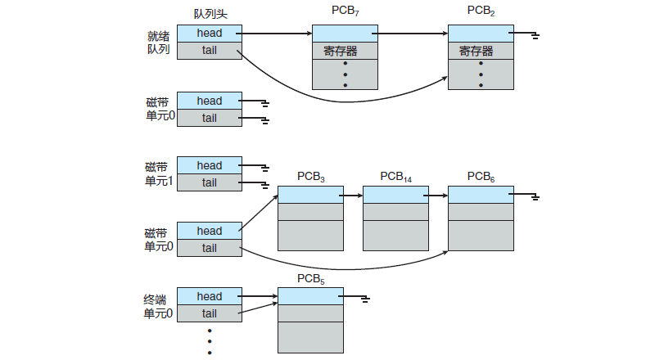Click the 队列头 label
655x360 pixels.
tap(210, 14)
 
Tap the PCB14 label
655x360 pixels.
tap(396, 177)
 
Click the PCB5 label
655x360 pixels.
tap(311, 278)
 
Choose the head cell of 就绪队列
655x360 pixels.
tap(210, 34)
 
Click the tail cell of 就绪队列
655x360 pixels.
tap(210, 51)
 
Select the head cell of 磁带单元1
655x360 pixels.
tap(210, 165)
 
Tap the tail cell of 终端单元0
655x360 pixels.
tap(210, 313)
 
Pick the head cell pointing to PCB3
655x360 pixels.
tap(210, 231)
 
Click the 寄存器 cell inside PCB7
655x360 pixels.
tap(345, 51)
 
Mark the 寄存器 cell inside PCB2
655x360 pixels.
tap(481, 51)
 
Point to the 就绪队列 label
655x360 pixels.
tap(158, 43)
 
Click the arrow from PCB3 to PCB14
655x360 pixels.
tap(353, 196)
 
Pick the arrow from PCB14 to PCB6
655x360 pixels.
tap(438, 196)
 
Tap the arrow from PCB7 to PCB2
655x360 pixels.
tap(413, 34)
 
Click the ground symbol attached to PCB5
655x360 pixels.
tap(365, 299)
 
